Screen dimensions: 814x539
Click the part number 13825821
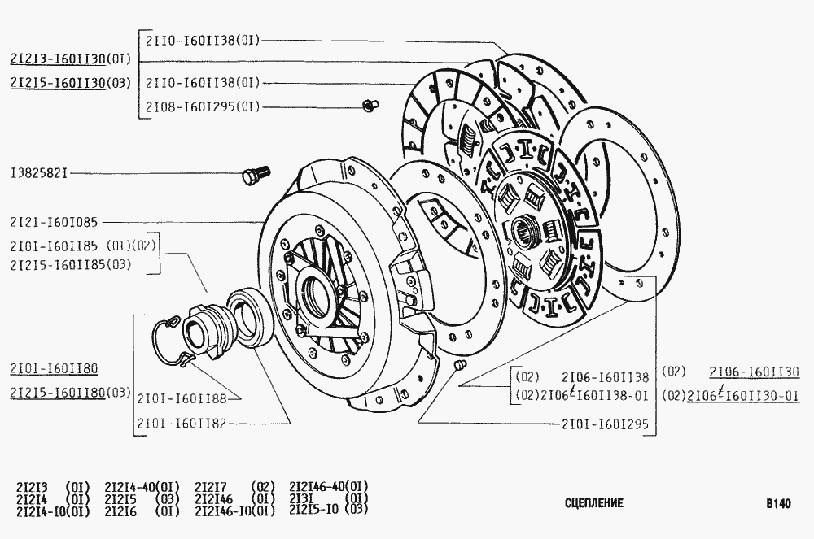(x=39, y=173)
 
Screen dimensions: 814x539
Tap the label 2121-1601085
(x=54, y=222)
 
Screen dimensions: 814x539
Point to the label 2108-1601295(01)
(x=203, y=106)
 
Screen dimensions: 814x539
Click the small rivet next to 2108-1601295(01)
(x=370, y=105)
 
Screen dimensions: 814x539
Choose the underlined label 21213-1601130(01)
(x=71, y=59)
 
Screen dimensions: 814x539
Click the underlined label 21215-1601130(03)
(x=71, y=83)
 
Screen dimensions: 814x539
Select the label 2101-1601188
(x=182, y=398)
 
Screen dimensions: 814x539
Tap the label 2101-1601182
(x=182, y=424)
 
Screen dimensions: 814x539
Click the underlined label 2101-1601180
(x=54, y=369)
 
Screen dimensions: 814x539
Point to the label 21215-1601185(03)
(x=71, y=265)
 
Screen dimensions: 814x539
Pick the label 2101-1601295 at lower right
(x=606, y=424)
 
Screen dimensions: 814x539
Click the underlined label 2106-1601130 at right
(x=755, y=372)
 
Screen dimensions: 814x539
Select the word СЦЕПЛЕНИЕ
(x=594, y=502)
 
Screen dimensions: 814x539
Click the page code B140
(x=778, y=503)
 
